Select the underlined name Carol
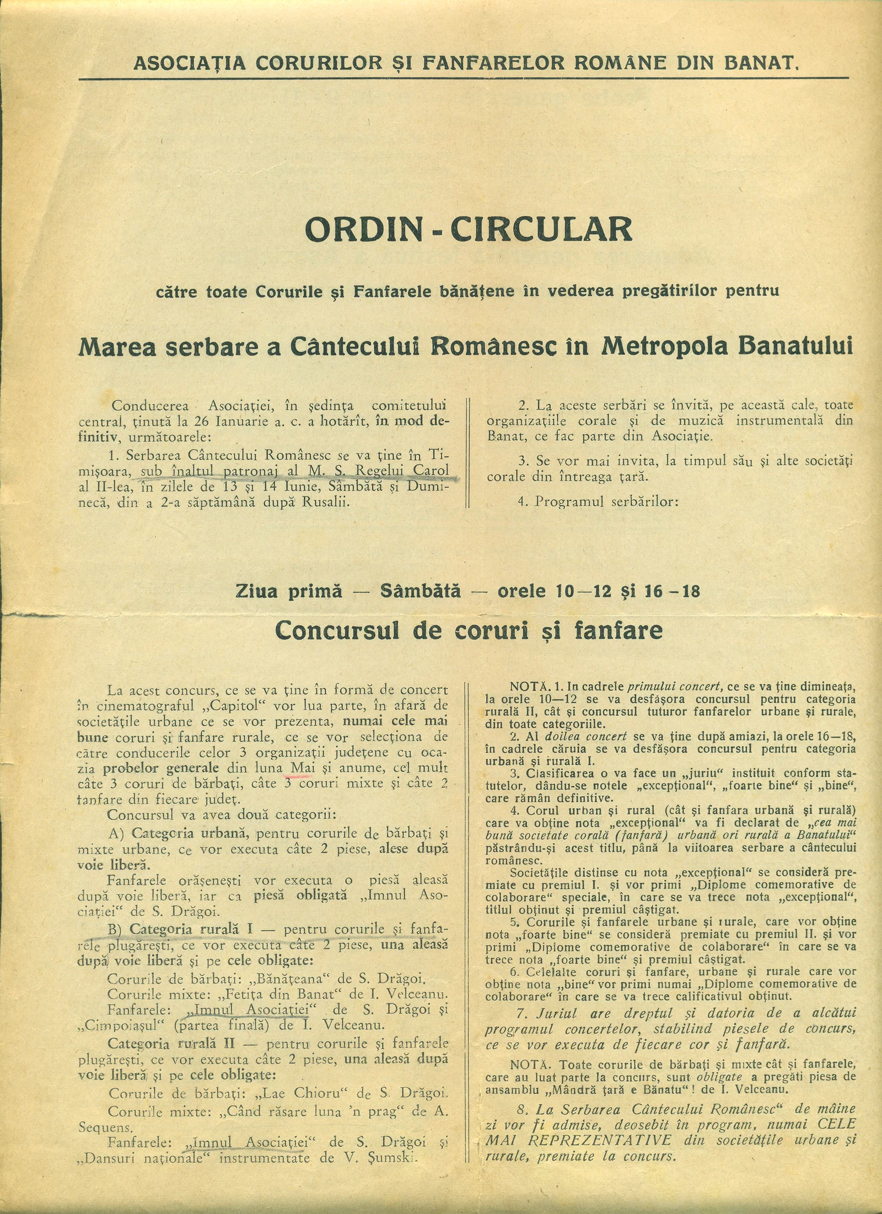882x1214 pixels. (x=431, y=471)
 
